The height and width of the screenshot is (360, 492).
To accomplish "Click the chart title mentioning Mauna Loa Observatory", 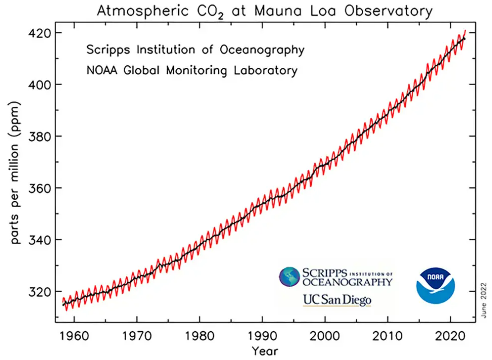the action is pyautogui.click(x=264, y=11).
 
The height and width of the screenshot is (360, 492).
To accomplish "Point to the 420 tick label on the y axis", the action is pyautogui.click(x=40, y=33).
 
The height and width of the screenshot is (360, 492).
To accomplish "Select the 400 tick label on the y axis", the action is pyautogui.click(x=40, y=85).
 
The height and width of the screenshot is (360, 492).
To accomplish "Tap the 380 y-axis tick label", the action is pyautogui.click(x=40, y=136).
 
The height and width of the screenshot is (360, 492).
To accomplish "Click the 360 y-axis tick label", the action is pyautogui.click(x=40, y=188).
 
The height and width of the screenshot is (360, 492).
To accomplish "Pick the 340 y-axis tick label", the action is pyautogui.click(x=40, y=240).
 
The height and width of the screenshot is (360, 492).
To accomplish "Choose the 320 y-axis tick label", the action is pyautogui.click(x=40, y=292).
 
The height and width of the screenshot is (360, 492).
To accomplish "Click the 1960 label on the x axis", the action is pyautogui.click(x=74, y=336).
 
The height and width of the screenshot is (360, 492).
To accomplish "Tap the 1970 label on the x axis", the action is pyautogui.click(x=137, y=336).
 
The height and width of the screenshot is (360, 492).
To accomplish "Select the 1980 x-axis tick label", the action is pyautogui.click(x=200, y=336).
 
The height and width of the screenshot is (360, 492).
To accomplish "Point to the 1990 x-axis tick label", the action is pyautogui.click(x=262, y=336).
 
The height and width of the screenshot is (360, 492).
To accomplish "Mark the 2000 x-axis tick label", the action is pyautogui.click(x=325, y=336).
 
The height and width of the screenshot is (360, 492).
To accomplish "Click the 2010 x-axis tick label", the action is pyautogui.click(x=388, y=336).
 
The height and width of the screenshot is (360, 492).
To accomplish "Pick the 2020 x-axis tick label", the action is pyautogui.click(x=450, y=336).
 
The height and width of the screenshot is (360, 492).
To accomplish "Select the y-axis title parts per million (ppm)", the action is pyautogui.click(x=15, y=173).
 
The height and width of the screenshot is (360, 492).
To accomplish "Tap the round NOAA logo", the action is pyautogui.click(x=436, y=286).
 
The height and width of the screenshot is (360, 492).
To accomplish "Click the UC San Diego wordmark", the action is pyautogui.click(x=337, y=300).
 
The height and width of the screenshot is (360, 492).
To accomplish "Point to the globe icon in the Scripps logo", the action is pyautogui.click(x=289, y=276).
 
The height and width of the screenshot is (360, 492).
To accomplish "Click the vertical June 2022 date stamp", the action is pyautogui.click(x=483, y=300).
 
